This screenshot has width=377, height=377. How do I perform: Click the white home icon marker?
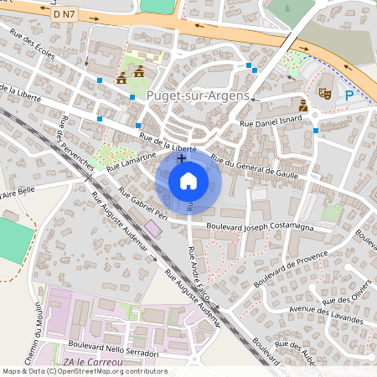pos(188,180)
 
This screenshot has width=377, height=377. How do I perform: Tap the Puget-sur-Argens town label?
pos(198,96)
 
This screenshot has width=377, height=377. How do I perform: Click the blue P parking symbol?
pos(349,96)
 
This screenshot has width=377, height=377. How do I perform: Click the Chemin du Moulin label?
pos(38,335)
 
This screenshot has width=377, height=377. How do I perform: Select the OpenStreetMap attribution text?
pos(84,371)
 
